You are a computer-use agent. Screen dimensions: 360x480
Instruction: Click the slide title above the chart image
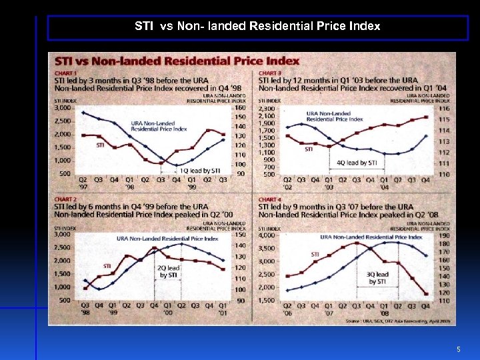point(257,27)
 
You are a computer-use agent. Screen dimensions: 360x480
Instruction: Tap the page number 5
point(458,349)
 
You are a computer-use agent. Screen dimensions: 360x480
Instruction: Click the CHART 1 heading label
point(65,73)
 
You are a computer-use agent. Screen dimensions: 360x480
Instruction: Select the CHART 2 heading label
point(65,199)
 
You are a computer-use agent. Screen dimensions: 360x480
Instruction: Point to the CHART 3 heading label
point(270,73)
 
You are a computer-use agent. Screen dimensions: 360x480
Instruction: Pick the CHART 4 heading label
point(270,199)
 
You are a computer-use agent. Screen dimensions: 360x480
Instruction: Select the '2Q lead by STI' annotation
point(167,271)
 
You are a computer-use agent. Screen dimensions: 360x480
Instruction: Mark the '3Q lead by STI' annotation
point(378,278)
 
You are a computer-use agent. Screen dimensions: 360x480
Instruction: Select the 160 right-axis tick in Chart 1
point(240,108)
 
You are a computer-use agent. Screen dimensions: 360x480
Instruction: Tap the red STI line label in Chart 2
point(107,266)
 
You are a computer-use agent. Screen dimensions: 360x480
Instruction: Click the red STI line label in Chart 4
point(315,254)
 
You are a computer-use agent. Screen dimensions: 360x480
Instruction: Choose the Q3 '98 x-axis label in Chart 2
point(85,309)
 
